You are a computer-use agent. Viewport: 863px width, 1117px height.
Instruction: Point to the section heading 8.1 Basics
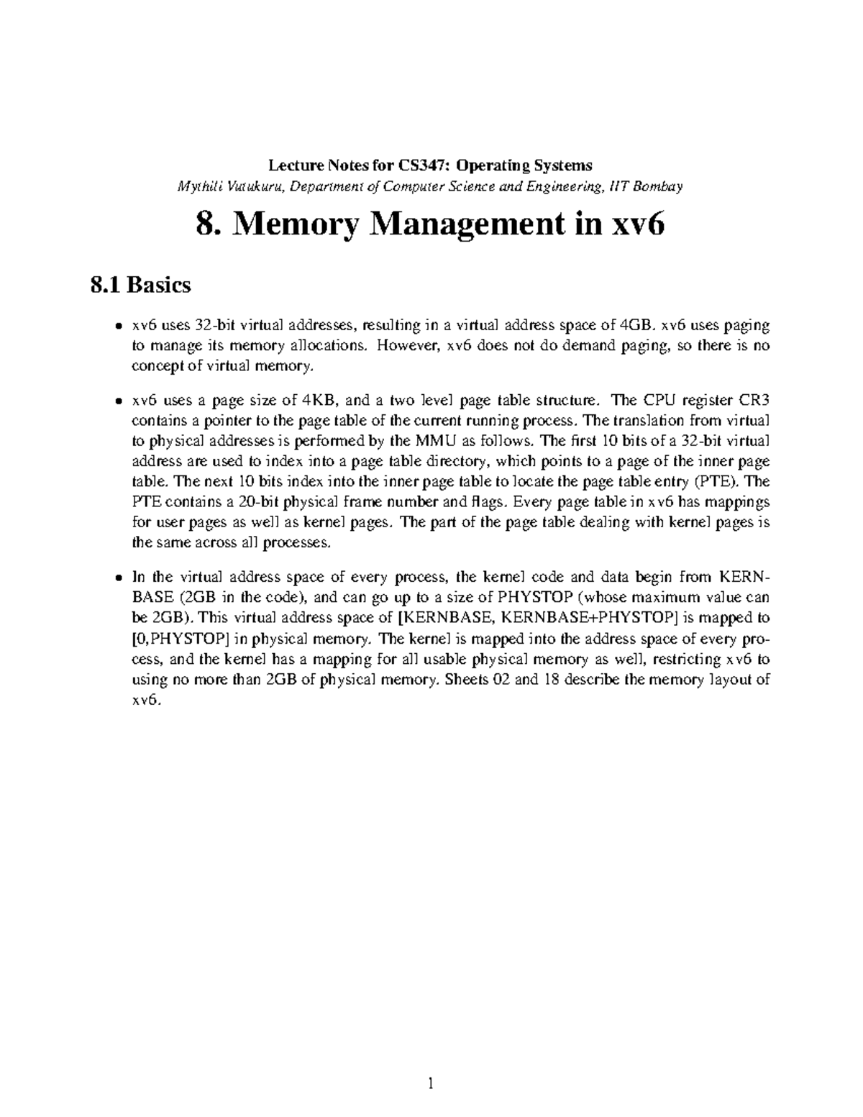tap(141, 286)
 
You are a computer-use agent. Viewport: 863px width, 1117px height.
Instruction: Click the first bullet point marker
tap(118, 327)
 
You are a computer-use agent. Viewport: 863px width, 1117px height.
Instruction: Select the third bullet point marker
tap(118, 578)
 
